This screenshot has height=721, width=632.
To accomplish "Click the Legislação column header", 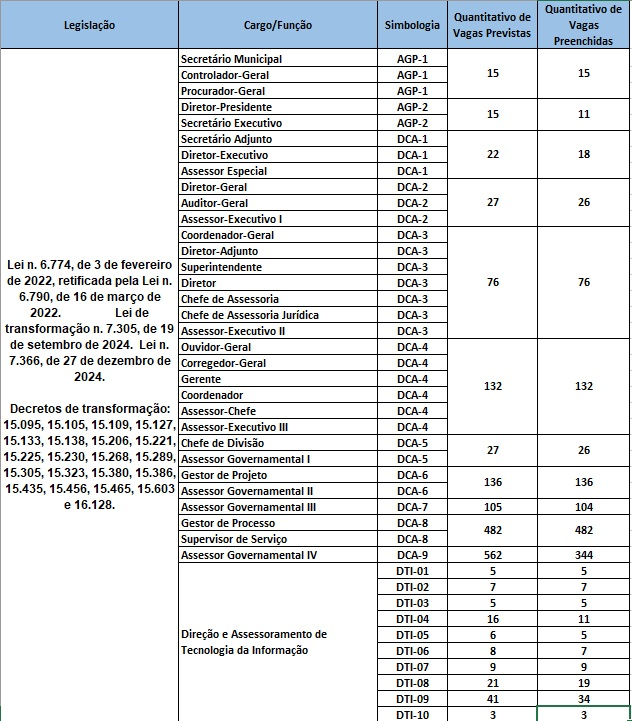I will (x=89, y=24).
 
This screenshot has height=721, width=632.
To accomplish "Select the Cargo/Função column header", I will (x=277, y=24).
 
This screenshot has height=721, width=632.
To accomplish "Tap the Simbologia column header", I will (x=411, y=24).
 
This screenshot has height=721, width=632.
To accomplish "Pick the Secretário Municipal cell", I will (x=231, y=59).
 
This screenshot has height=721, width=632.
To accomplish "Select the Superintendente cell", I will (x=221, y=267).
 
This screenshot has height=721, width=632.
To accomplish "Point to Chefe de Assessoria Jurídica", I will (x=249, y=315).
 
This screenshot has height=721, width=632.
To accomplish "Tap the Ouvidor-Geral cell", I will (x=215, y=347).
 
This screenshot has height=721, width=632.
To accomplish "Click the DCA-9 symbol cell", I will (x=411, y=555).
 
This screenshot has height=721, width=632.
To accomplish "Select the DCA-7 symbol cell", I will (x=411, y=507).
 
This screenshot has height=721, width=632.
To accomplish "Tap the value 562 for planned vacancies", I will (x=492, y=555).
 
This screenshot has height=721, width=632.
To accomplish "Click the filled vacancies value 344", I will (x=583, y=555).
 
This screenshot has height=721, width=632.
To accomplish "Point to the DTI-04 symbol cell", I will (x=411, y=619).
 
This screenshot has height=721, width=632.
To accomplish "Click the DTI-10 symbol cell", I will (x=411, y=714).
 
